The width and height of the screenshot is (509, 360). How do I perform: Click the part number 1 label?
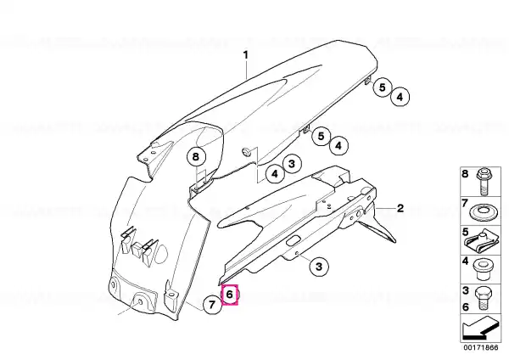tap(246, 55)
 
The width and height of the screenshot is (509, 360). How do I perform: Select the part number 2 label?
tap(400, 208)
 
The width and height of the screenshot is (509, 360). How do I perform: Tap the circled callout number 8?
tap(196, 157)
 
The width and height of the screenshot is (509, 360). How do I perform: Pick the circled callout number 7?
tap(212, 305)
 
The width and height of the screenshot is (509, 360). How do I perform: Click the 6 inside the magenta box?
tap(230, 295)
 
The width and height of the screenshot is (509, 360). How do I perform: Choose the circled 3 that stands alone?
tap(319, 267)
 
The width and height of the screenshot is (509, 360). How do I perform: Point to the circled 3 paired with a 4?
tap(292, 164)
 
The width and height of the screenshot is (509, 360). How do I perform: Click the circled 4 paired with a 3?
tap(275, 174)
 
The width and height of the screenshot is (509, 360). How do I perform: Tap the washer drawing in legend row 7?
tap(482, 212)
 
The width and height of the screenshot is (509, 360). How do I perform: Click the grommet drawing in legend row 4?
tap(482, 270)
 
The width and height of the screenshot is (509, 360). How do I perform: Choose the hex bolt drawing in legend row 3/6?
tap(483, 299)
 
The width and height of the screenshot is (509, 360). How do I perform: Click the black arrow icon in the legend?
tap(480, 329)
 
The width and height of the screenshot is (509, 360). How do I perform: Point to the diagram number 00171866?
tap(480, 347)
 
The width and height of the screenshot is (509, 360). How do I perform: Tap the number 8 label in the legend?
tap(466, 174)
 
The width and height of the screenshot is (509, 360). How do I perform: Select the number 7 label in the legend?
tap(465, 204)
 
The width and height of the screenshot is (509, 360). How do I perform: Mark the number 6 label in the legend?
tap(466, 307)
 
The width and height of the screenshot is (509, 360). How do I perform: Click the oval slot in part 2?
tap(294, 241)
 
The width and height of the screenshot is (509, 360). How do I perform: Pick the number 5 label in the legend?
tap(466, 232)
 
